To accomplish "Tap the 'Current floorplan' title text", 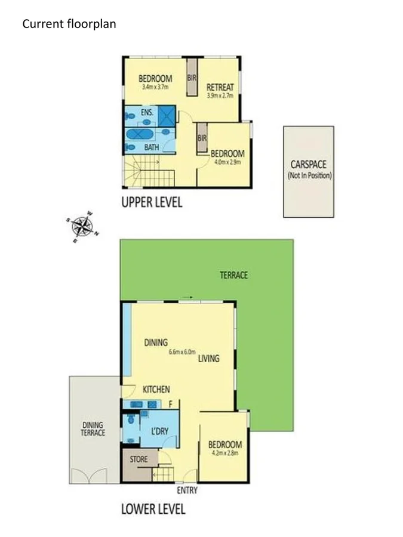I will coord(69,24).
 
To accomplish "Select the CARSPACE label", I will coord(309,165).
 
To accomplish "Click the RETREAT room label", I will coord(220,88).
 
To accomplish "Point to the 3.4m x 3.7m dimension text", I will coord(155,87).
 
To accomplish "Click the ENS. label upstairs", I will coord(147,112).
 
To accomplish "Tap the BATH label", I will coord(152,147).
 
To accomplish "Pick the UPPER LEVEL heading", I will coord(152,202).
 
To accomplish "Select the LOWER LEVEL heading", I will coord(153,509).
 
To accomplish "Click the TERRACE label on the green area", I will coord(233,275).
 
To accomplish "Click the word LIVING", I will coord(209,359).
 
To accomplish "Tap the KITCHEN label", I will coord(156,389).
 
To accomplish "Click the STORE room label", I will coord(139,459).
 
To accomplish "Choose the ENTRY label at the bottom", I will coord(187,490).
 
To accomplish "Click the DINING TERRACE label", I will coord(94,429).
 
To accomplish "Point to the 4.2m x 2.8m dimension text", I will coord(224,453).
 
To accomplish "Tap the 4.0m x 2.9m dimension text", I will coord(227,161).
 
